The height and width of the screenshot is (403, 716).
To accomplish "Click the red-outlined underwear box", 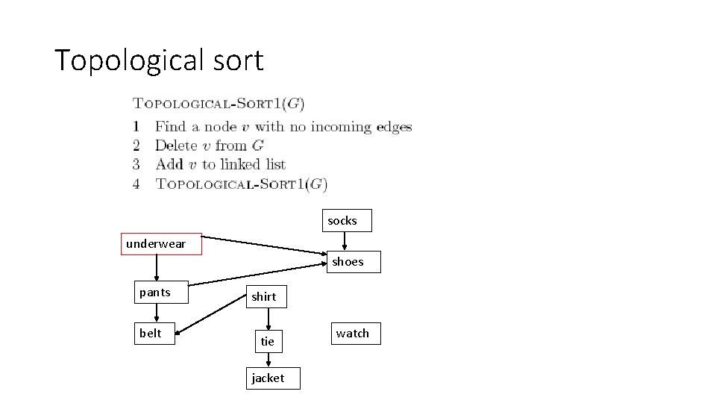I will pos(161,244).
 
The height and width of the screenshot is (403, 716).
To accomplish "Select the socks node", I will pos(342,221).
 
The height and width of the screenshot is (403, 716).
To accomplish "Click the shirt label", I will pos(263,297).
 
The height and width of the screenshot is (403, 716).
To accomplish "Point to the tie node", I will pos(268,342).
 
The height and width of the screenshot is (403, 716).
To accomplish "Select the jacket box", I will pos(268,378).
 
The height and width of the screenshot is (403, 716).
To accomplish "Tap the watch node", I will pos(352,334).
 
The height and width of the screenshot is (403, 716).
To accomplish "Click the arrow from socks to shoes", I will pos(345,241).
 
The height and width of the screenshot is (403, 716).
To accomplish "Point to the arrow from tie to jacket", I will pos(268,360).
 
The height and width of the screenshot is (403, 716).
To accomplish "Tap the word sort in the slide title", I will pos(241,60).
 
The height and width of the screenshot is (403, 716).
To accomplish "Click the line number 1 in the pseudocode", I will pos(136,127).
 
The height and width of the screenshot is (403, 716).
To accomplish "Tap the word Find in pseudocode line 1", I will pos(171,127).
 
